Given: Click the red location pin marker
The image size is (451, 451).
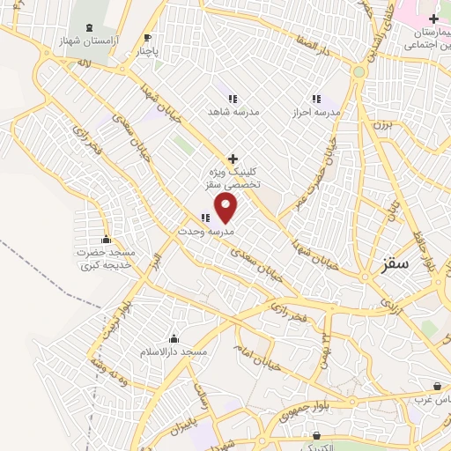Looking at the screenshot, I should click(x=226, y=208).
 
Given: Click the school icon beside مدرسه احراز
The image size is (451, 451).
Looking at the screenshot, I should click(x=316, y=99).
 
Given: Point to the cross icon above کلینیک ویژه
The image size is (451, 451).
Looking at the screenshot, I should click(x=232, y=159).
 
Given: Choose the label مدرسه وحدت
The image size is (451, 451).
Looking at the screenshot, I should click(x=206, y=231).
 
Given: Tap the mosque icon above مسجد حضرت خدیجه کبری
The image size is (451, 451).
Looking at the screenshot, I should click(x=106, y=240).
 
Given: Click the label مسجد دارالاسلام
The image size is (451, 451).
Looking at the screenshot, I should click(x=174, y=352).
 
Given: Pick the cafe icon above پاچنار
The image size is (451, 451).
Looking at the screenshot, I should click(x=147, y=37).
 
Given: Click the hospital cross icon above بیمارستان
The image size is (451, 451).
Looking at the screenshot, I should click(x=433, y=18).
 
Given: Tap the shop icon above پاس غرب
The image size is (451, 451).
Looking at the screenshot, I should click(x=437, y=386).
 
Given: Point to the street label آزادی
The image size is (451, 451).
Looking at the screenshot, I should click(x=388, y=305).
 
